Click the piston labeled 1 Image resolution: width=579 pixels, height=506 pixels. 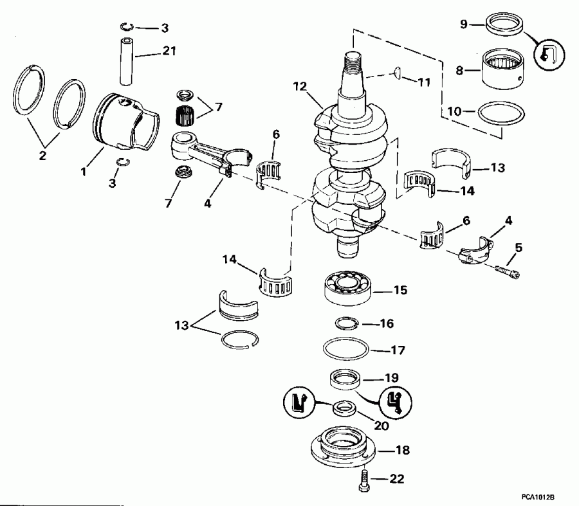pyautogui.click(x=125, y=122)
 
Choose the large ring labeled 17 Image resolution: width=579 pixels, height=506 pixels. pyautogui.click(x=345, y=350)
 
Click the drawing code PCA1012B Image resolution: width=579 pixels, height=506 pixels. pyautogui.click(x=538, y=498)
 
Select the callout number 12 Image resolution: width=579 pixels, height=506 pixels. pyautogui.click(x=300, y=86)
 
